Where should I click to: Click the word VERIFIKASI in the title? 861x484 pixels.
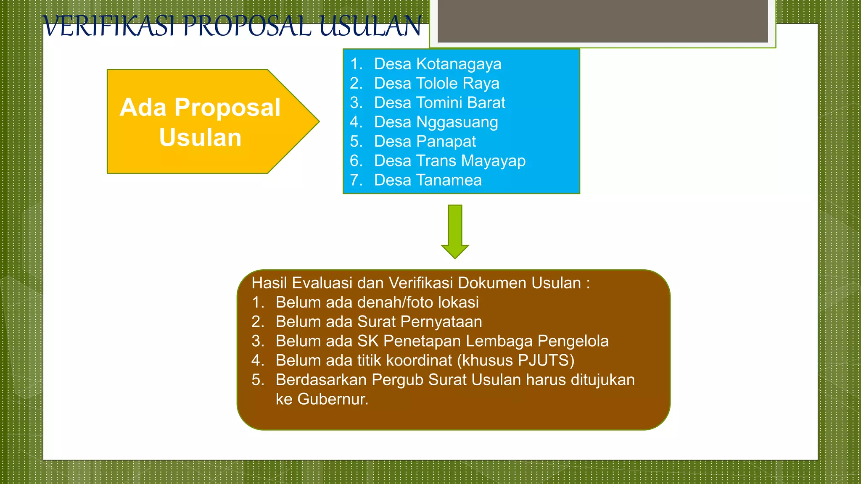coord(109,26)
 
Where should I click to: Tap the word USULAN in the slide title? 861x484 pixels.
coord(370,26)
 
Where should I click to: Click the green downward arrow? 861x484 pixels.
coord(455,231)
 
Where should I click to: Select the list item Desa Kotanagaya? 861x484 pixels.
coord(437,64)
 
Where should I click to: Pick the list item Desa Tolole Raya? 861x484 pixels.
coord(436,83)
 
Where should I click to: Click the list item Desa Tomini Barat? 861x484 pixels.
coord(439,103)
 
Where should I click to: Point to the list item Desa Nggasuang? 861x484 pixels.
coord(436,122)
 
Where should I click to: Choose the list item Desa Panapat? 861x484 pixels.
coord(425,141)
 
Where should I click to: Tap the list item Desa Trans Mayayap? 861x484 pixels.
coord(449,160)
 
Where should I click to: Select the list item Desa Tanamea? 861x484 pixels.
coord(428,180)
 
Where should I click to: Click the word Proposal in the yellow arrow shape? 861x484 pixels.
coord(227,108)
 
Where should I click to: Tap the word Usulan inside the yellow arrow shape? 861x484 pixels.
coord(200,137)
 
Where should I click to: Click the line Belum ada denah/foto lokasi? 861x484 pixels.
coord(377,302)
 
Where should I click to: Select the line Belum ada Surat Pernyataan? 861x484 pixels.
coord(378,321)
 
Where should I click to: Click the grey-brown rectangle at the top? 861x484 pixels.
coord(602,21)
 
